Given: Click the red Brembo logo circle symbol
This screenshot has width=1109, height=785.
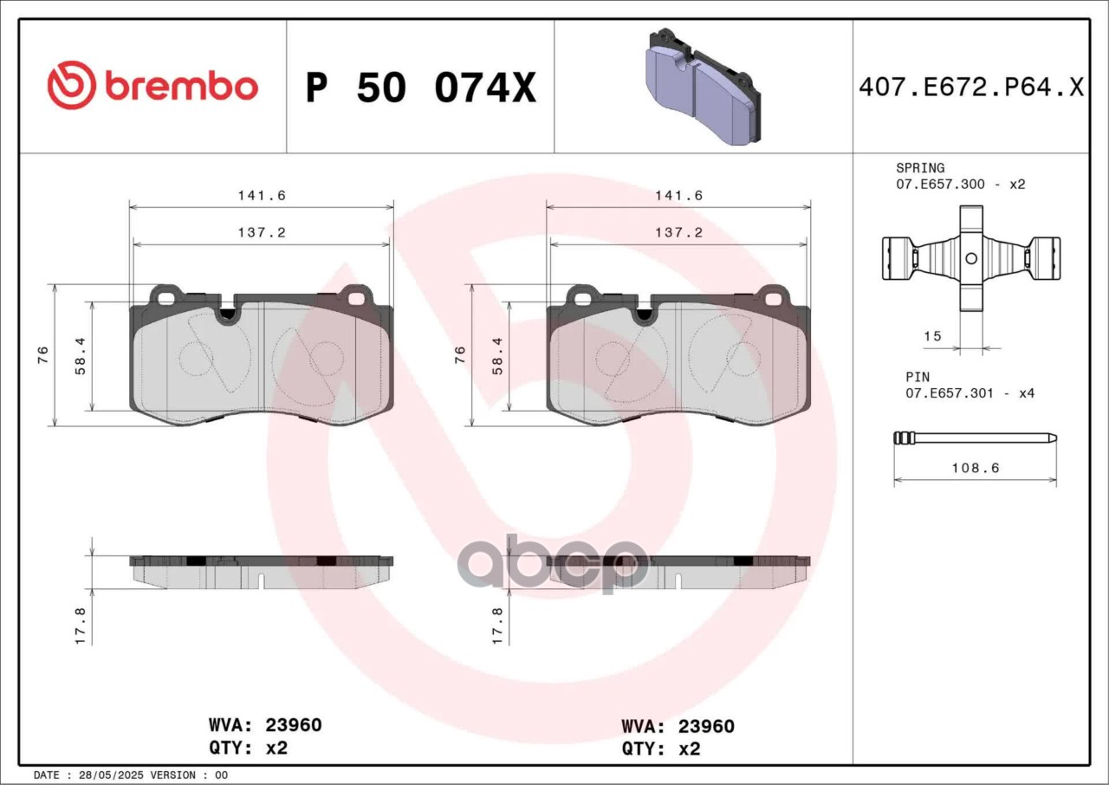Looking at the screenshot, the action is click(x=72, y=85).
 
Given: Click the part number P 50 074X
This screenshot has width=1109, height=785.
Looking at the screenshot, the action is click(x=421, y=88).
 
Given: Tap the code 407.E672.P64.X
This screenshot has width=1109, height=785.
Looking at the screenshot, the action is click(x=971, y=88).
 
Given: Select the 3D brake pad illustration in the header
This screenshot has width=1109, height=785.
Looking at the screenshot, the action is click(x=704, y=88).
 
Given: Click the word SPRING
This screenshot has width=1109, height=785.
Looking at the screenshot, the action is click(x=920, y=168).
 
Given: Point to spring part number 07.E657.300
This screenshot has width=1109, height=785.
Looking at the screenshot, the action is click(x=940, y=185).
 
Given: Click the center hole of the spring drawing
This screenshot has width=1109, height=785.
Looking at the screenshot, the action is click(x=971, y=258).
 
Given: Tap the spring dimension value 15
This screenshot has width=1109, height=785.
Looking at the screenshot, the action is click(x=932, y=336).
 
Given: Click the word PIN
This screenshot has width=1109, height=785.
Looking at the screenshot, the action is click(x=918, y=377).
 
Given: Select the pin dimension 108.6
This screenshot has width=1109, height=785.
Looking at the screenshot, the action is click(x=976, y=468).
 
